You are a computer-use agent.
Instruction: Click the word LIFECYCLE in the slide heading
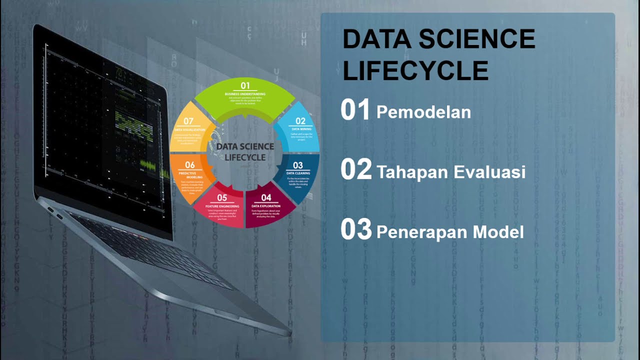pos(415,70)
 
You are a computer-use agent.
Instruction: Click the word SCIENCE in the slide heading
pos(477,39)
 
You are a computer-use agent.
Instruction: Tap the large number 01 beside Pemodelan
pos(355,110)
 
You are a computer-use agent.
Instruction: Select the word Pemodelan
pos(423,112)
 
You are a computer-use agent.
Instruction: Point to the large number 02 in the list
pos(356,170)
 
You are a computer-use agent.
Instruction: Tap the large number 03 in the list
pos(356,229)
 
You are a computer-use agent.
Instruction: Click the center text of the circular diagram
pos(245,152)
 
